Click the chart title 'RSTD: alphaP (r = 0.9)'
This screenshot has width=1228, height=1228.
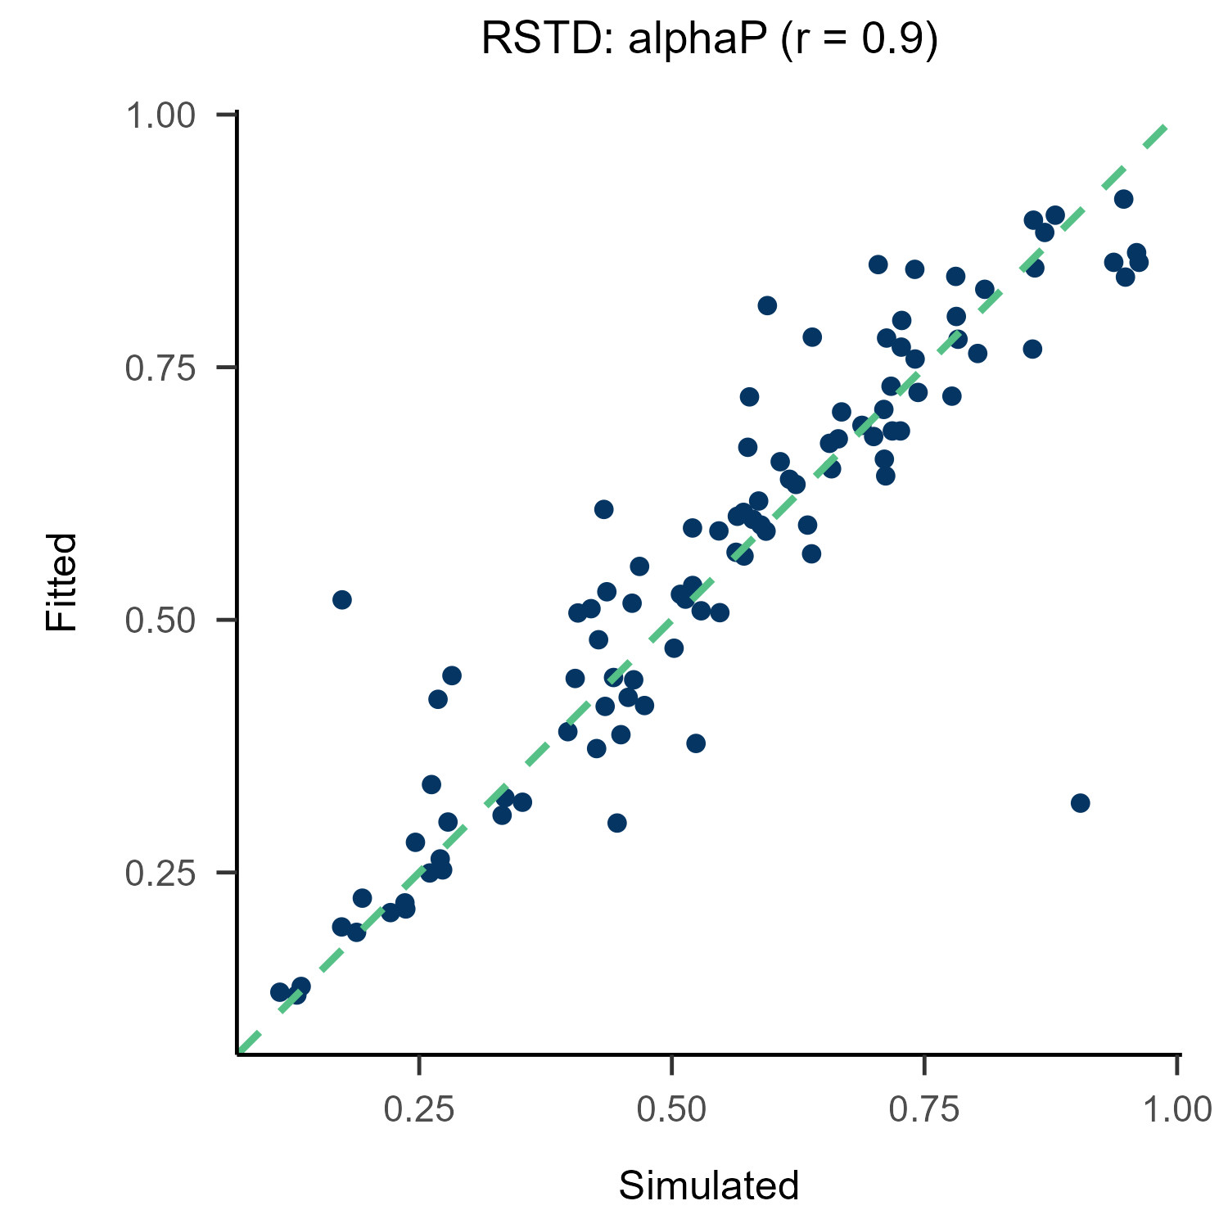[709, 40]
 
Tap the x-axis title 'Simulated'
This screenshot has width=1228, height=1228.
[708, 1186]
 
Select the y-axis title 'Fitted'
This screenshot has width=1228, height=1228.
[61, 581]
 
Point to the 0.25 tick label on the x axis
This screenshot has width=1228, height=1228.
[418, 1109]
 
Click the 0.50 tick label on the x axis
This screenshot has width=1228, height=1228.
[671, 1109]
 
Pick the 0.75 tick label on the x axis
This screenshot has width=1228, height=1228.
[924, 1109]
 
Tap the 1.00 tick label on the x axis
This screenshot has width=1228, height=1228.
[1176, 1109]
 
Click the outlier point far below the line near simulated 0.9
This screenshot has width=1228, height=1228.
[1081, 802]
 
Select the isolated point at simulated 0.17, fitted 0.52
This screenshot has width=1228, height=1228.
[342, 600]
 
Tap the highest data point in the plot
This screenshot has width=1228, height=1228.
[1124, 199]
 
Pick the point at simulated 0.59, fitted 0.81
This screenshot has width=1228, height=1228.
[767, 305]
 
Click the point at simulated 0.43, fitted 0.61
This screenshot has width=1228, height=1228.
[604, 509]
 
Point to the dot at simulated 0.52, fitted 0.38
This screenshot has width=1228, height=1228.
[696, 743]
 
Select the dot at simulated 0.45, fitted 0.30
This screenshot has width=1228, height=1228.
[617, 823]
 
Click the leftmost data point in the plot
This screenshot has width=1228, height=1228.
[280, 992]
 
